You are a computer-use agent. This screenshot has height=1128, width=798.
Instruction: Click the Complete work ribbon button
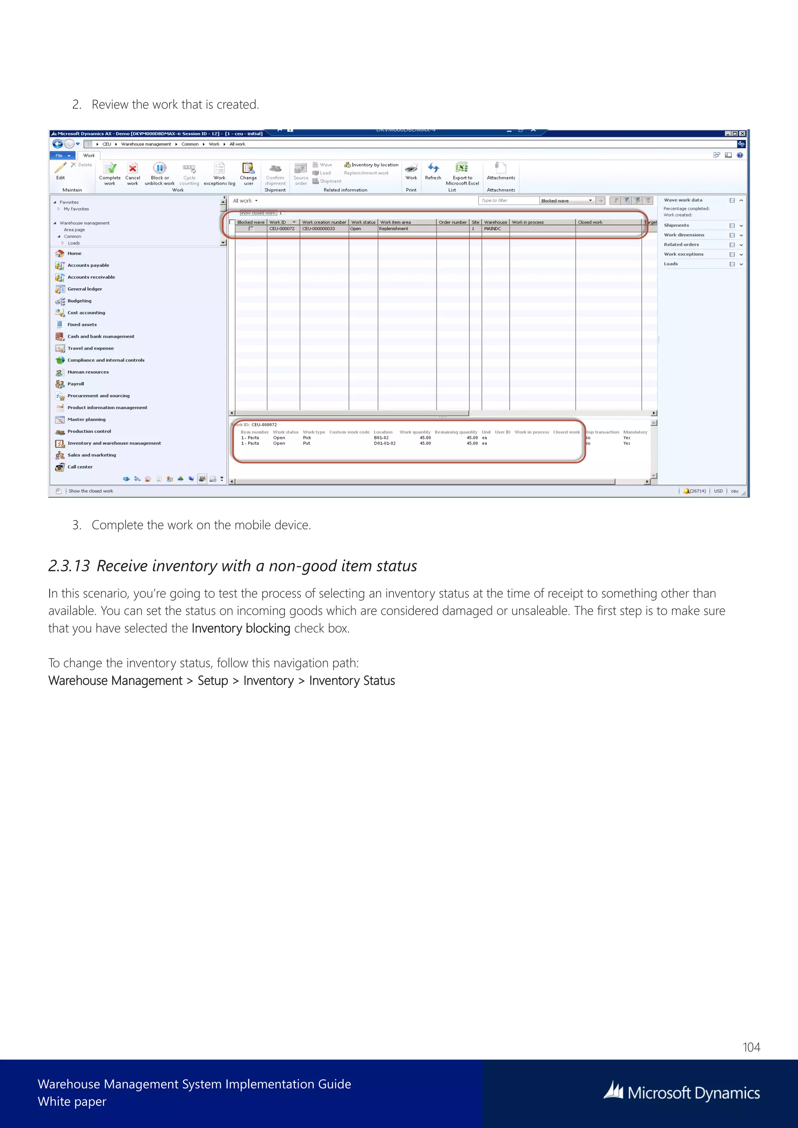(110, 173)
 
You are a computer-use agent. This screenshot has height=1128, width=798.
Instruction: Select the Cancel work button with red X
(132, 173)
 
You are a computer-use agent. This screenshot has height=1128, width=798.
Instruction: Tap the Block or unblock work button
(160, 173)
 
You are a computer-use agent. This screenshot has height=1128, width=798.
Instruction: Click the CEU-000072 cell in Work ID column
(282, 229)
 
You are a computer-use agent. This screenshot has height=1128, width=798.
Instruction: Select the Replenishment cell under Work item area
(394, 229)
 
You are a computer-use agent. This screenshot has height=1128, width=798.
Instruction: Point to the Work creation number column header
(324, 222)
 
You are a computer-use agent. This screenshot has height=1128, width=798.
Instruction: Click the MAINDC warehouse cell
(493, 229)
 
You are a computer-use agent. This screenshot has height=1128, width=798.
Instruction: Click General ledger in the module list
(85, 289)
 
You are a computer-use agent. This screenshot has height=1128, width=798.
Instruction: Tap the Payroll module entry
(76, 384)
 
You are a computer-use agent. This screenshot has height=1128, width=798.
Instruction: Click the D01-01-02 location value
(385, 444)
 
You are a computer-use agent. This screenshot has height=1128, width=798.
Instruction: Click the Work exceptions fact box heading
(683, 254)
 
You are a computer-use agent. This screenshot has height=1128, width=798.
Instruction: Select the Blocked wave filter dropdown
(567, 201)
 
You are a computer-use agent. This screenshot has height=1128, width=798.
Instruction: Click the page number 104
(751, 1047)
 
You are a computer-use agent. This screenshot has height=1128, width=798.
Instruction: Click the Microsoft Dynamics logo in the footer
(681, 1092)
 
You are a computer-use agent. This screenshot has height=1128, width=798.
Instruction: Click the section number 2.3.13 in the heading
(69, 566)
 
